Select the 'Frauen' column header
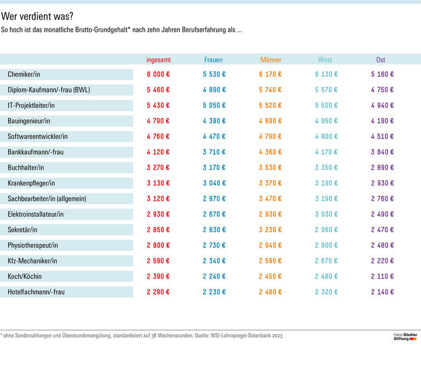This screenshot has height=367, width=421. [213, 60]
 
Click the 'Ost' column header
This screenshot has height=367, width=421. [380, 60]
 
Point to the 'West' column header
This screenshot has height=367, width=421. [325, 60]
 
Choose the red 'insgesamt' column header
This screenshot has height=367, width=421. [158, 60]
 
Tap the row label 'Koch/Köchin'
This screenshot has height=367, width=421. [25, 276]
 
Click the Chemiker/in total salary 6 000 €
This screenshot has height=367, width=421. [158, 75]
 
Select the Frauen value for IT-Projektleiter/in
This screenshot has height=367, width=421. [214, 105]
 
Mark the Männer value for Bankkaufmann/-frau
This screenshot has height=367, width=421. [271, 152]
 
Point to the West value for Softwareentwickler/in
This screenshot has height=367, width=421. [326, 137]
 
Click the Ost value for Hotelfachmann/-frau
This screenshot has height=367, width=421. [382, 292]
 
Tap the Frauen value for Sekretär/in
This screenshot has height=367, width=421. [214, 230]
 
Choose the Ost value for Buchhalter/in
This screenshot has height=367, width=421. [382, 168]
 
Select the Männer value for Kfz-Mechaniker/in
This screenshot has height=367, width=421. [271, 261]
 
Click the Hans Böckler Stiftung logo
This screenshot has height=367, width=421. [406, 336]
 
